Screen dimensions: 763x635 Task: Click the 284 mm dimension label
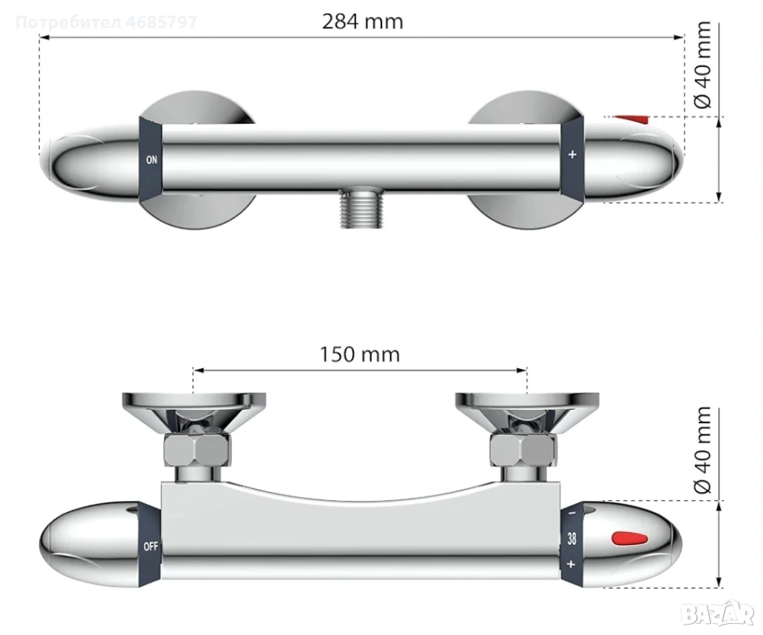tap(363, 22)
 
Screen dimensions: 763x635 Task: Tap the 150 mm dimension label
tap(360, 354)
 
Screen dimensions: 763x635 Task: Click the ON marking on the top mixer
tap(151, 159)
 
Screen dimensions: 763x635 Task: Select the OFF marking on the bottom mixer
tap(151, 546)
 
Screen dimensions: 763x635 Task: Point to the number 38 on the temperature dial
tap(572, 539)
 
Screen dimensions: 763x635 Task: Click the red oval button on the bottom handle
tap(630, 539)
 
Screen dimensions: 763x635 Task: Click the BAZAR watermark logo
tap(718, 614)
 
